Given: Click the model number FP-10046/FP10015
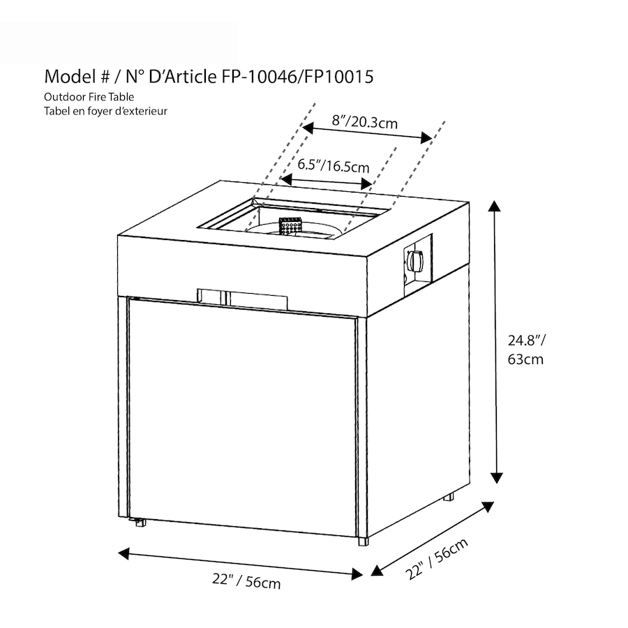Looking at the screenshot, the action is pos(297,77).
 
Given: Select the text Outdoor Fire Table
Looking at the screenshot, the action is pos(89,97).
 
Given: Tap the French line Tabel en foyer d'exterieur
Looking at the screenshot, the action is pos(105,111).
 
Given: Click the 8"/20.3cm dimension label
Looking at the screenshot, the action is pos(365,121).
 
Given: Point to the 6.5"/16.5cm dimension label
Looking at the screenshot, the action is pos(334,165).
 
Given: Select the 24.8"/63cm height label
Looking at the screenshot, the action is pos(526,350).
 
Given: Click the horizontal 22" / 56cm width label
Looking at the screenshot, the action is pos(246,581).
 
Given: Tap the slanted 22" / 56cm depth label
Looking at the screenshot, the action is pos(436,559).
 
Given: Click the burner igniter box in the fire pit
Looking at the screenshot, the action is pos(290,227).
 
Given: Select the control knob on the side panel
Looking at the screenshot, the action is pos(415,260).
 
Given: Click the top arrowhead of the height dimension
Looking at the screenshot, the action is pos(495,206).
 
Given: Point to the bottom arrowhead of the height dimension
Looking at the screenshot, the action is pos(497,477).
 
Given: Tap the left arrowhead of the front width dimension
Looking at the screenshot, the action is pos(124,553).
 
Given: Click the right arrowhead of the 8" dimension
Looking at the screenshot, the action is pos(427,137).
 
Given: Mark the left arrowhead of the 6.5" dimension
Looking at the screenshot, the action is pos(286,179).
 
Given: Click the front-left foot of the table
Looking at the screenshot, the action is pos(140,522).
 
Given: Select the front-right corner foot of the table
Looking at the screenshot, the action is pos(364,541).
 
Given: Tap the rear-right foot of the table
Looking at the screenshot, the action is pos(449,497).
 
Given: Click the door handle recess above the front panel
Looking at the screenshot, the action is pos(242,299).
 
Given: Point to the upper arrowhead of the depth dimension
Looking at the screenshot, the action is pos(488,507).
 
